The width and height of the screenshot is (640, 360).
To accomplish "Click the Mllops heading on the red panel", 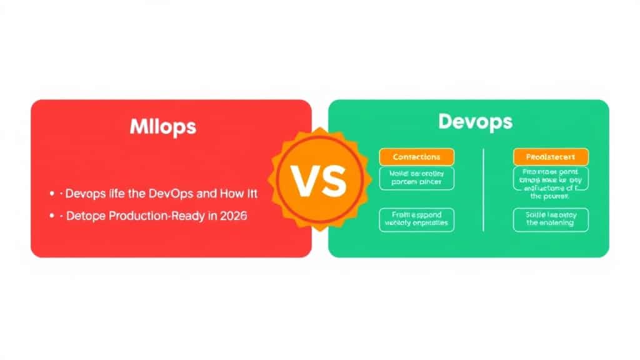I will tap(163, 127).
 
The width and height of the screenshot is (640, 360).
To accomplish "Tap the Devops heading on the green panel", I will tap(476, 121).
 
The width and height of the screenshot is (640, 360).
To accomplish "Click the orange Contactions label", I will tap(417, 157).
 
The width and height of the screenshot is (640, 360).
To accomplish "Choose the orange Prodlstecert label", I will tap(550, 157).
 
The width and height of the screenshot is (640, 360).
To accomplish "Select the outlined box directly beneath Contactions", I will tap(417, 178).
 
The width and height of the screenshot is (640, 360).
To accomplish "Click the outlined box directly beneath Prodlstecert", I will tap(550, 182).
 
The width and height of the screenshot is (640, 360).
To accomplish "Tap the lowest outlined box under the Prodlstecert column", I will tap(550, 219).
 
